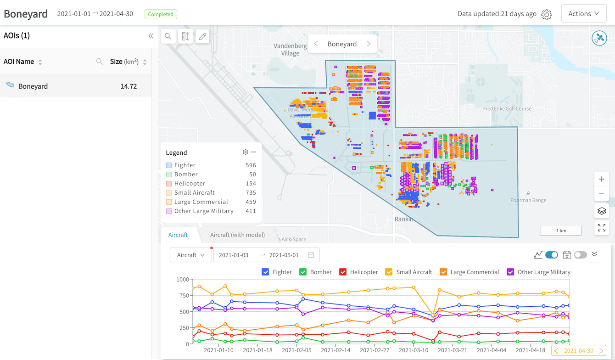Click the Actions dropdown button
(x=584, y=14)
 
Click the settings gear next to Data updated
(x=546, y=14)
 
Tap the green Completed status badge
(x=161, y=14)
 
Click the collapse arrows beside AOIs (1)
(x=151, y=36)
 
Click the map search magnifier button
(x=168, y=36)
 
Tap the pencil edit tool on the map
(x=202, y=36)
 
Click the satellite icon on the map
(x=599, y=38)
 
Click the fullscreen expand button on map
(x=601, y=228)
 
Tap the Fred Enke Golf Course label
(x=507, y=109)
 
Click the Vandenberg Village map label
(x=290, y=50)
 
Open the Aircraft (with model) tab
(x=237, y=235)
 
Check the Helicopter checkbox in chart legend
(x=343, y=272)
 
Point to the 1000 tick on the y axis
(x=182, y=279)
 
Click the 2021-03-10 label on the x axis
(x=414, y=350)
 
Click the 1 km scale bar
(x=561, y=231)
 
